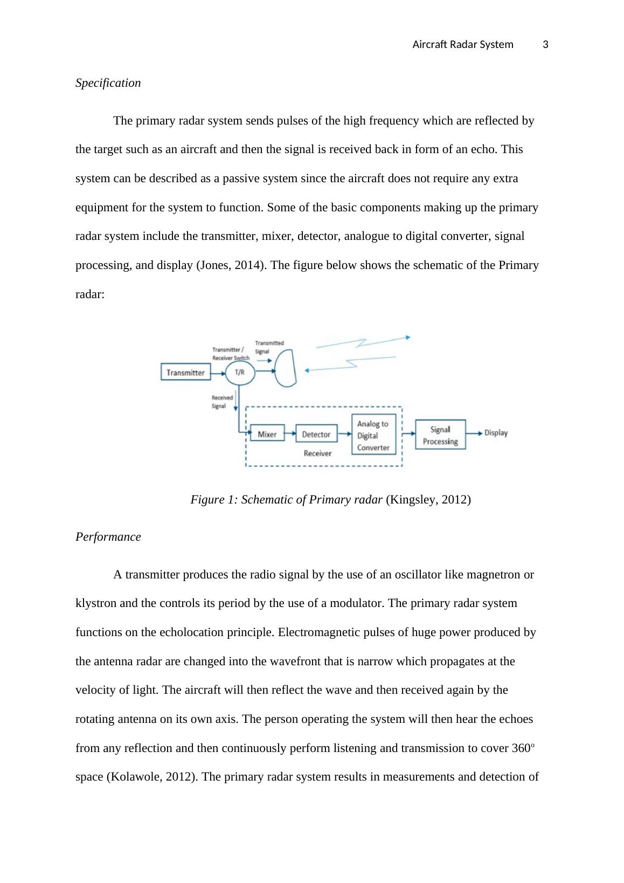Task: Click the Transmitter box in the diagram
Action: pyautogui.click(x=185, y=372)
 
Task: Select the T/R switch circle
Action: pyautogui.click(x=239, y=372)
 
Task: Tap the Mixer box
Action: pyautogui.click(x=267, y=434)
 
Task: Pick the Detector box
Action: pyautogui.click(x=316, y=434)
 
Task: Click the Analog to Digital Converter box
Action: pyautogui.click(x=373, y=435)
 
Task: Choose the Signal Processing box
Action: pyautogui.click(x=440, y=435)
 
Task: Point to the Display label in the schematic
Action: pyautogui.click(x=496, y=433)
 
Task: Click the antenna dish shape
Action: pyautogui.click(x=286, y=368)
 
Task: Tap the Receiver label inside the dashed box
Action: pyautogui.click(x=317, y=453)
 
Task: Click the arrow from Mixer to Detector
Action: pyautogui.click(x=290, y=433)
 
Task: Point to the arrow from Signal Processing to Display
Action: pyautogui.click(x=474, y=433)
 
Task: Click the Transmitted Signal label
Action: pyautogui.click(x=269, y=347)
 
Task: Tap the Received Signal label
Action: pyautogui.click(x=221, y=402)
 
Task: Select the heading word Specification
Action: pyautogui.click(x=108, y=83)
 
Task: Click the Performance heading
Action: pyautogui.click(x=108, y=537)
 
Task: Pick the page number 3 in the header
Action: pyautogui.click(x=545, y=45)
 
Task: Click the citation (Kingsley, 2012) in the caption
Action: pyautogui.click(x=428, y=500)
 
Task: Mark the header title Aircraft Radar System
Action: pyautogui.click(x=462, y=45)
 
